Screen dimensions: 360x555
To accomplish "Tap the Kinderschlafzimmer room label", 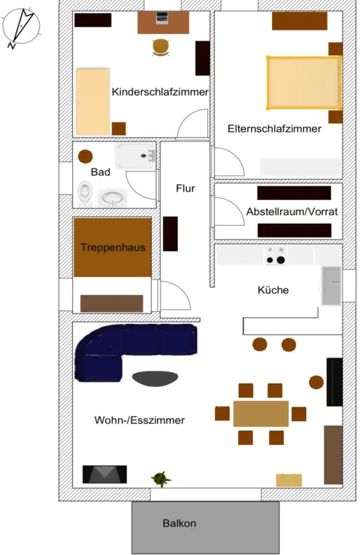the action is (160, 92).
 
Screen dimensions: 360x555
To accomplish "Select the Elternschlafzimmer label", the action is (274, 129).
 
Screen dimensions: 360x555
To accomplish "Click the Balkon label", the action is (179, 523).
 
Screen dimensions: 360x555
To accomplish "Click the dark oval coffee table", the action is (155, 378).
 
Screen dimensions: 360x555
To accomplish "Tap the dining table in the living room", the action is (261, 413).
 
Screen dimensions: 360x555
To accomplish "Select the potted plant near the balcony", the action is (161, 478).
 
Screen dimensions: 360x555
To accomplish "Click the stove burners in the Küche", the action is (276, 256).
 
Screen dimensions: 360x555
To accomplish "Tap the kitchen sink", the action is (331, 285).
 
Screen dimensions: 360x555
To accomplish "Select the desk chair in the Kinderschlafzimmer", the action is (160, 48).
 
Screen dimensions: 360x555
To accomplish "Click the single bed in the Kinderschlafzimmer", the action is (92, 100).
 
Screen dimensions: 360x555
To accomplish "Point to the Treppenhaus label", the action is (113, 247).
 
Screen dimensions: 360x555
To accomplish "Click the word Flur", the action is (185, 189).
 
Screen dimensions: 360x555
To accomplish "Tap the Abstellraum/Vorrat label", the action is (292, 211).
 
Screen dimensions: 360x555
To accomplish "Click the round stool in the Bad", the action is (85, 156).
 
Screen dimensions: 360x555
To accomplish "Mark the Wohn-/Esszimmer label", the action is (140, 420).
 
